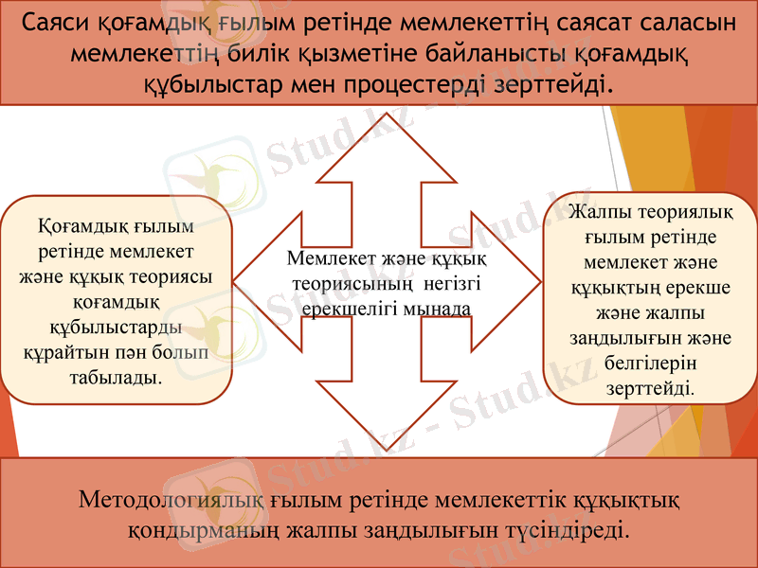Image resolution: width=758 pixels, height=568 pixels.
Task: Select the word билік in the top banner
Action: (253, 54)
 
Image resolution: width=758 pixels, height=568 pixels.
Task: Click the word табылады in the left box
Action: (115, 377)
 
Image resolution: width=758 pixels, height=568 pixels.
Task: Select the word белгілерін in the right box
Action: (649, 363)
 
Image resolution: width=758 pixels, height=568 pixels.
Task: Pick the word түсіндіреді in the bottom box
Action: (572, 527)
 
